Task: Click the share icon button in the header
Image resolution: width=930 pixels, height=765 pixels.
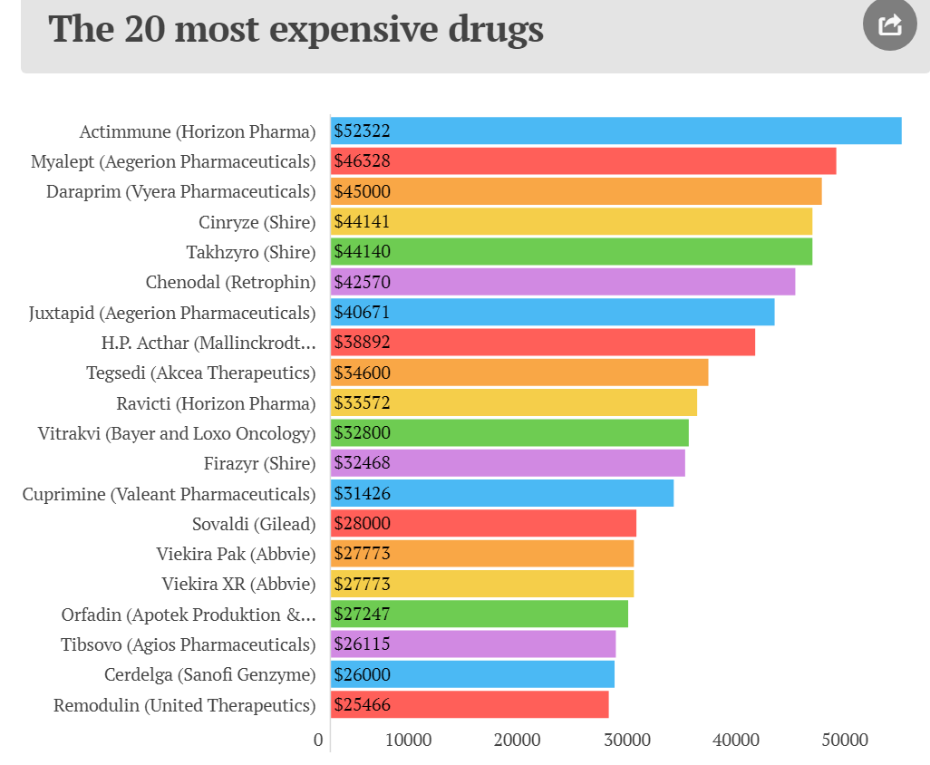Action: coord(890,24)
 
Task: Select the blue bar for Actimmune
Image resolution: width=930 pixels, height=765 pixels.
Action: coord(616,131)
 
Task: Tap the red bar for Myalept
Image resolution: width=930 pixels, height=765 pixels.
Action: coord(583,161)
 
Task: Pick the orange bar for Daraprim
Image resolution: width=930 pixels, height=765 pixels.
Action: coord(576,191)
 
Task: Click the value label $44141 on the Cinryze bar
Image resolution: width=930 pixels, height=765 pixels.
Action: coord(362,222)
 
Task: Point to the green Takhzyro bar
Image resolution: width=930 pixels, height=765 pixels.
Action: coord(571,252)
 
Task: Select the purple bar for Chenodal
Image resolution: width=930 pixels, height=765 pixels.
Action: coord(563,282)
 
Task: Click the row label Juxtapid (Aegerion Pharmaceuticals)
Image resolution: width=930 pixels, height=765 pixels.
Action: coord(172,313)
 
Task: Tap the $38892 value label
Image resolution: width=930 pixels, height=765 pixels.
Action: coord(362,343)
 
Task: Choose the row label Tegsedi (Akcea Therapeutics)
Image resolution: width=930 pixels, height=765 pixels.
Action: coord(200,373)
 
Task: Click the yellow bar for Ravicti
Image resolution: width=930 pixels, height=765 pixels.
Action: coord(514,402)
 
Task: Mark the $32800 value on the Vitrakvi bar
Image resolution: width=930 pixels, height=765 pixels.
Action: coord(362,433)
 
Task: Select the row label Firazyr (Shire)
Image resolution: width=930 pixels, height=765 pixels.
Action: coord(259,463)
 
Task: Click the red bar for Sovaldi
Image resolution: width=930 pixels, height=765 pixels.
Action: coord(483,523)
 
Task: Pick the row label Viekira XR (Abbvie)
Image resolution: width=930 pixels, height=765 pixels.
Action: coord(238,584)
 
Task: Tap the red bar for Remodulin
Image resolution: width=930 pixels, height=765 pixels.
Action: coord(470,704)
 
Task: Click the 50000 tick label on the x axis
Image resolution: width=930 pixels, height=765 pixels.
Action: coord(846,741)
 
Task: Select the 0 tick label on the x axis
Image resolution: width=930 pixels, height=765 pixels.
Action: coord(318,741)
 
